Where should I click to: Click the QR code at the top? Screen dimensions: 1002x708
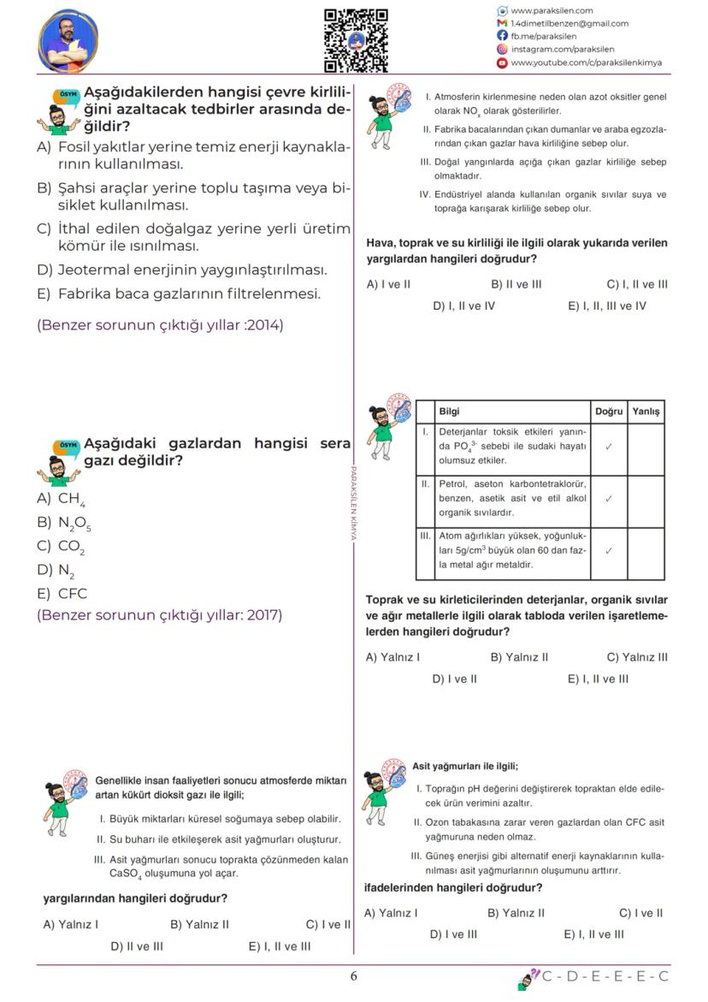356,40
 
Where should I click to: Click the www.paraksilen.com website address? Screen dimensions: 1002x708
552,11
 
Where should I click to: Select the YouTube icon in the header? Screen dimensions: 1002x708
502,62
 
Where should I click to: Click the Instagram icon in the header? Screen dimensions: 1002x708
502,50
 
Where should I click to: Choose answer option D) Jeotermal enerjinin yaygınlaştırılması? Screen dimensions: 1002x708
181,270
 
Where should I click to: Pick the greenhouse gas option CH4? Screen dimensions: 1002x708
61,499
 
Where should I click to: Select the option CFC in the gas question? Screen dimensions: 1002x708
62,594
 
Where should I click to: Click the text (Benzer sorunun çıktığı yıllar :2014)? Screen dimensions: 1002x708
160,325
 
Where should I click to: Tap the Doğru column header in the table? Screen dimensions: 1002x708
608,412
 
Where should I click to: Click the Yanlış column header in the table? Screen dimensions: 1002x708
646,412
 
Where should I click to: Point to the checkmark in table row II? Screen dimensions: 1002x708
608,499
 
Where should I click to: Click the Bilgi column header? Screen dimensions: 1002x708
449,412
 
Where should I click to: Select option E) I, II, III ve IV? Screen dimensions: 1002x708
607,305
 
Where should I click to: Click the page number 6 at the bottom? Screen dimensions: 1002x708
354,977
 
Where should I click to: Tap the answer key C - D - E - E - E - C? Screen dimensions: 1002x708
605,977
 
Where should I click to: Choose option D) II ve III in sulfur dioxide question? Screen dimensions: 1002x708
137,946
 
